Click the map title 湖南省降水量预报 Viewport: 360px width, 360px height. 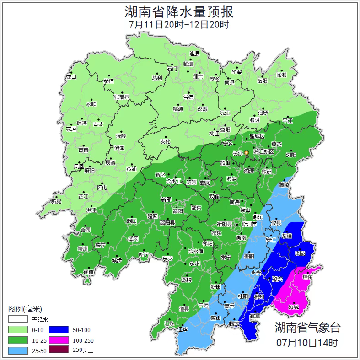click(x=179, y=11)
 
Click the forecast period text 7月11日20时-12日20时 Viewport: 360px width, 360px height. click(x=179, y=25)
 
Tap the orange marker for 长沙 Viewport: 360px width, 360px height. click(x=247, y=152)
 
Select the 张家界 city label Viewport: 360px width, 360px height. click(x=122, y=97)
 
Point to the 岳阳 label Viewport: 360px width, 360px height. click(x=262, y=81)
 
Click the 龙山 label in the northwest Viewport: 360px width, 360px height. click(x=71, y=77)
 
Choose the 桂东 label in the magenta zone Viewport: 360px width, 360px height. click(x=307, y=277)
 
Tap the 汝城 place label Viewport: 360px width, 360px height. click(x=294, y=307)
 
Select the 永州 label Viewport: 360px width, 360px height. click(x=194, y=264)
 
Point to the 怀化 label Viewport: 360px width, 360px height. click(x=101, y=188)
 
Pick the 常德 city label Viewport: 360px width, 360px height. click(x=188, y=97)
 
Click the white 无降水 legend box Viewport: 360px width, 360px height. click(x=18, y=319)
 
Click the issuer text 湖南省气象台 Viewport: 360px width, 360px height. click(x=307, y=327)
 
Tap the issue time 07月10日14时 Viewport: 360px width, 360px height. click(x=307, y=342)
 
